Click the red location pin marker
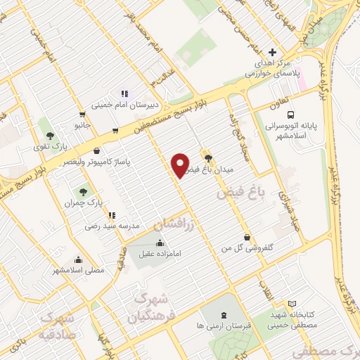click(181, 165)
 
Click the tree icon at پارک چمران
click(83, 191)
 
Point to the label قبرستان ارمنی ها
click(224, 327)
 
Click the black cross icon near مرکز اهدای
click(272, 52)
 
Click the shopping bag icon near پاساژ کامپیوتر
click(96, 150)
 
